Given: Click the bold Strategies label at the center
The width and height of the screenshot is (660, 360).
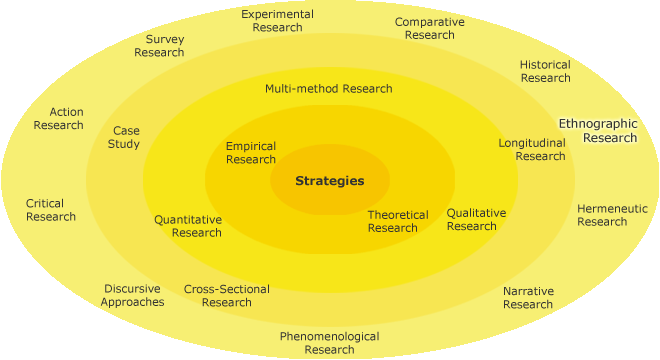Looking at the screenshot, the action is click(x=329, y=181).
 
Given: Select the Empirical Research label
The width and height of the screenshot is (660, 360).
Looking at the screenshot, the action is click(x=251, y=153).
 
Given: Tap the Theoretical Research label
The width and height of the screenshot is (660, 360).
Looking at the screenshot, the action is click(x=397, y=221).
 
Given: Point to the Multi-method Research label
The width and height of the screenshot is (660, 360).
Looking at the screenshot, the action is click(x=328, y=88).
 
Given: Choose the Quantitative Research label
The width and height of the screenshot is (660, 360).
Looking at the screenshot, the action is click(x=188, y=226).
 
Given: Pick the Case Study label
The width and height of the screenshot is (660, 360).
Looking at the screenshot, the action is click(x=125, y=137).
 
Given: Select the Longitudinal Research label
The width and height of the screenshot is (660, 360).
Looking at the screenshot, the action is click(x=532, y=149).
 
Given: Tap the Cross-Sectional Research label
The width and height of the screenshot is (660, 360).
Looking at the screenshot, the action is click(x=226, y=296).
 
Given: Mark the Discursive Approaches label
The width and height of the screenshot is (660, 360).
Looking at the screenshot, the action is click(x=132, y=296).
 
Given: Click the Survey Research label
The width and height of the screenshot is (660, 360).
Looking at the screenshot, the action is click(x=159, y=46).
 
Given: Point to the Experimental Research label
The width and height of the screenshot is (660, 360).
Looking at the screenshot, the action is click(x=277, y=21).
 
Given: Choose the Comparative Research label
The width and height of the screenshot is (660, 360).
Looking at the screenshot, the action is click(x=430, y=28).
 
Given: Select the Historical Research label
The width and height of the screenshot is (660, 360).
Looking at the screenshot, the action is click(x=545, y=71).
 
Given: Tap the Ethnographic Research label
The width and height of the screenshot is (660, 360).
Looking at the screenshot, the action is click(x=598, y=130).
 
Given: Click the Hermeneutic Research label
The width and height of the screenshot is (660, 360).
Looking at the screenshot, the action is click(x=612, y=215).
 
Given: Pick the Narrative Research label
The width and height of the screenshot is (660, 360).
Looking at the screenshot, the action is click(x=528, y=298).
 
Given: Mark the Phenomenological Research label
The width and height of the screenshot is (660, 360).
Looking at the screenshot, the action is click(x=329, y=343).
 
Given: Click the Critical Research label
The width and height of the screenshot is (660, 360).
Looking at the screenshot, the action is click(x=50, y=210).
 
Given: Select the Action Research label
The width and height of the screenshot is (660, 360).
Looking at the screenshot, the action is click(x=58, y=118).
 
